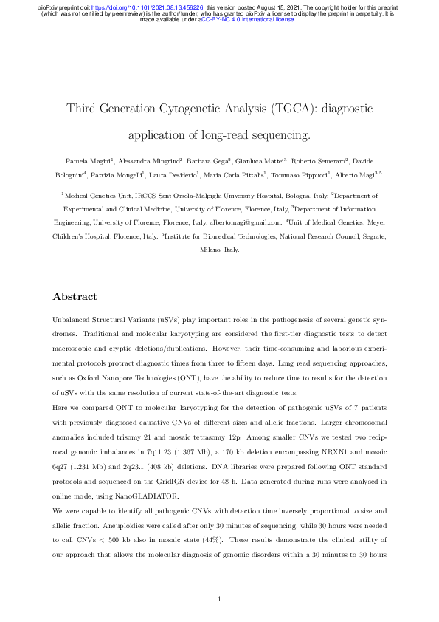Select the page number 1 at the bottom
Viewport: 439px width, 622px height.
point(220,598)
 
